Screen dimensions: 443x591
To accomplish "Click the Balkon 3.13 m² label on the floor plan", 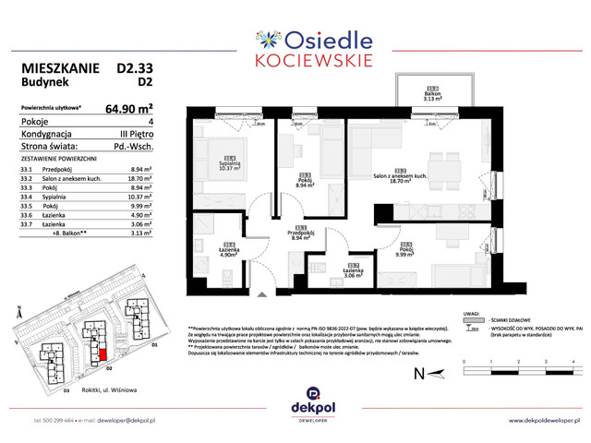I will tap(407, 91).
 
